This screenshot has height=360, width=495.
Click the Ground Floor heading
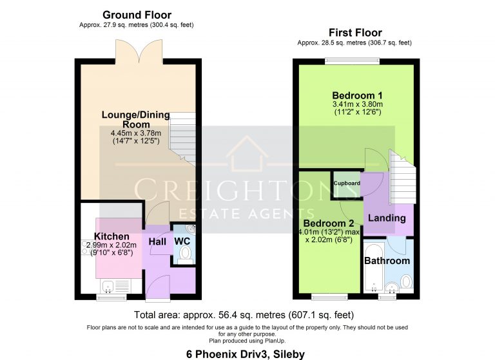click(x=137, y=15)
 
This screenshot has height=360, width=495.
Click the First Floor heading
click(x=355, y=32)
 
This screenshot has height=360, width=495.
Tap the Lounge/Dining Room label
click(x=136, y=119)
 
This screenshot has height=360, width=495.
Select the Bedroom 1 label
click(x=357, y=95)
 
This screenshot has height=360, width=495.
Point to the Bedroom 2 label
click(x=328, y=223)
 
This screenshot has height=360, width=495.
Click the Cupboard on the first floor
click(x=347, y=184)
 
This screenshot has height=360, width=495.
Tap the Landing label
click(x=387, y=218)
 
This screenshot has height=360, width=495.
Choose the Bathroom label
click(x=387, y=261)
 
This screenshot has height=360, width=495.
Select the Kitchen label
click(x=112, y=236)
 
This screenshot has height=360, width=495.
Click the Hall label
click(x=157, y=242)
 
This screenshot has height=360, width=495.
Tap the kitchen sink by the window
click(x=108, y=286)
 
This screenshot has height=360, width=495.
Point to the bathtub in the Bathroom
click(x=374, y=267)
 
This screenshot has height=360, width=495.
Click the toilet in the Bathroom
click(x=406, y=281)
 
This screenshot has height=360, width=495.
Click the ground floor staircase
click(x=182, y=139)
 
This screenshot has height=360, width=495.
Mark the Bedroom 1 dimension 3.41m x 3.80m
click(x=357, y=104)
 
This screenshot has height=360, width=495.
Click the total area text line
click(x=244, y=314)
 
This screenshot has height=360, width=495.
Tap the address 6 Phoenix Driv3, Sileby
click(x=246, y=354)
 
